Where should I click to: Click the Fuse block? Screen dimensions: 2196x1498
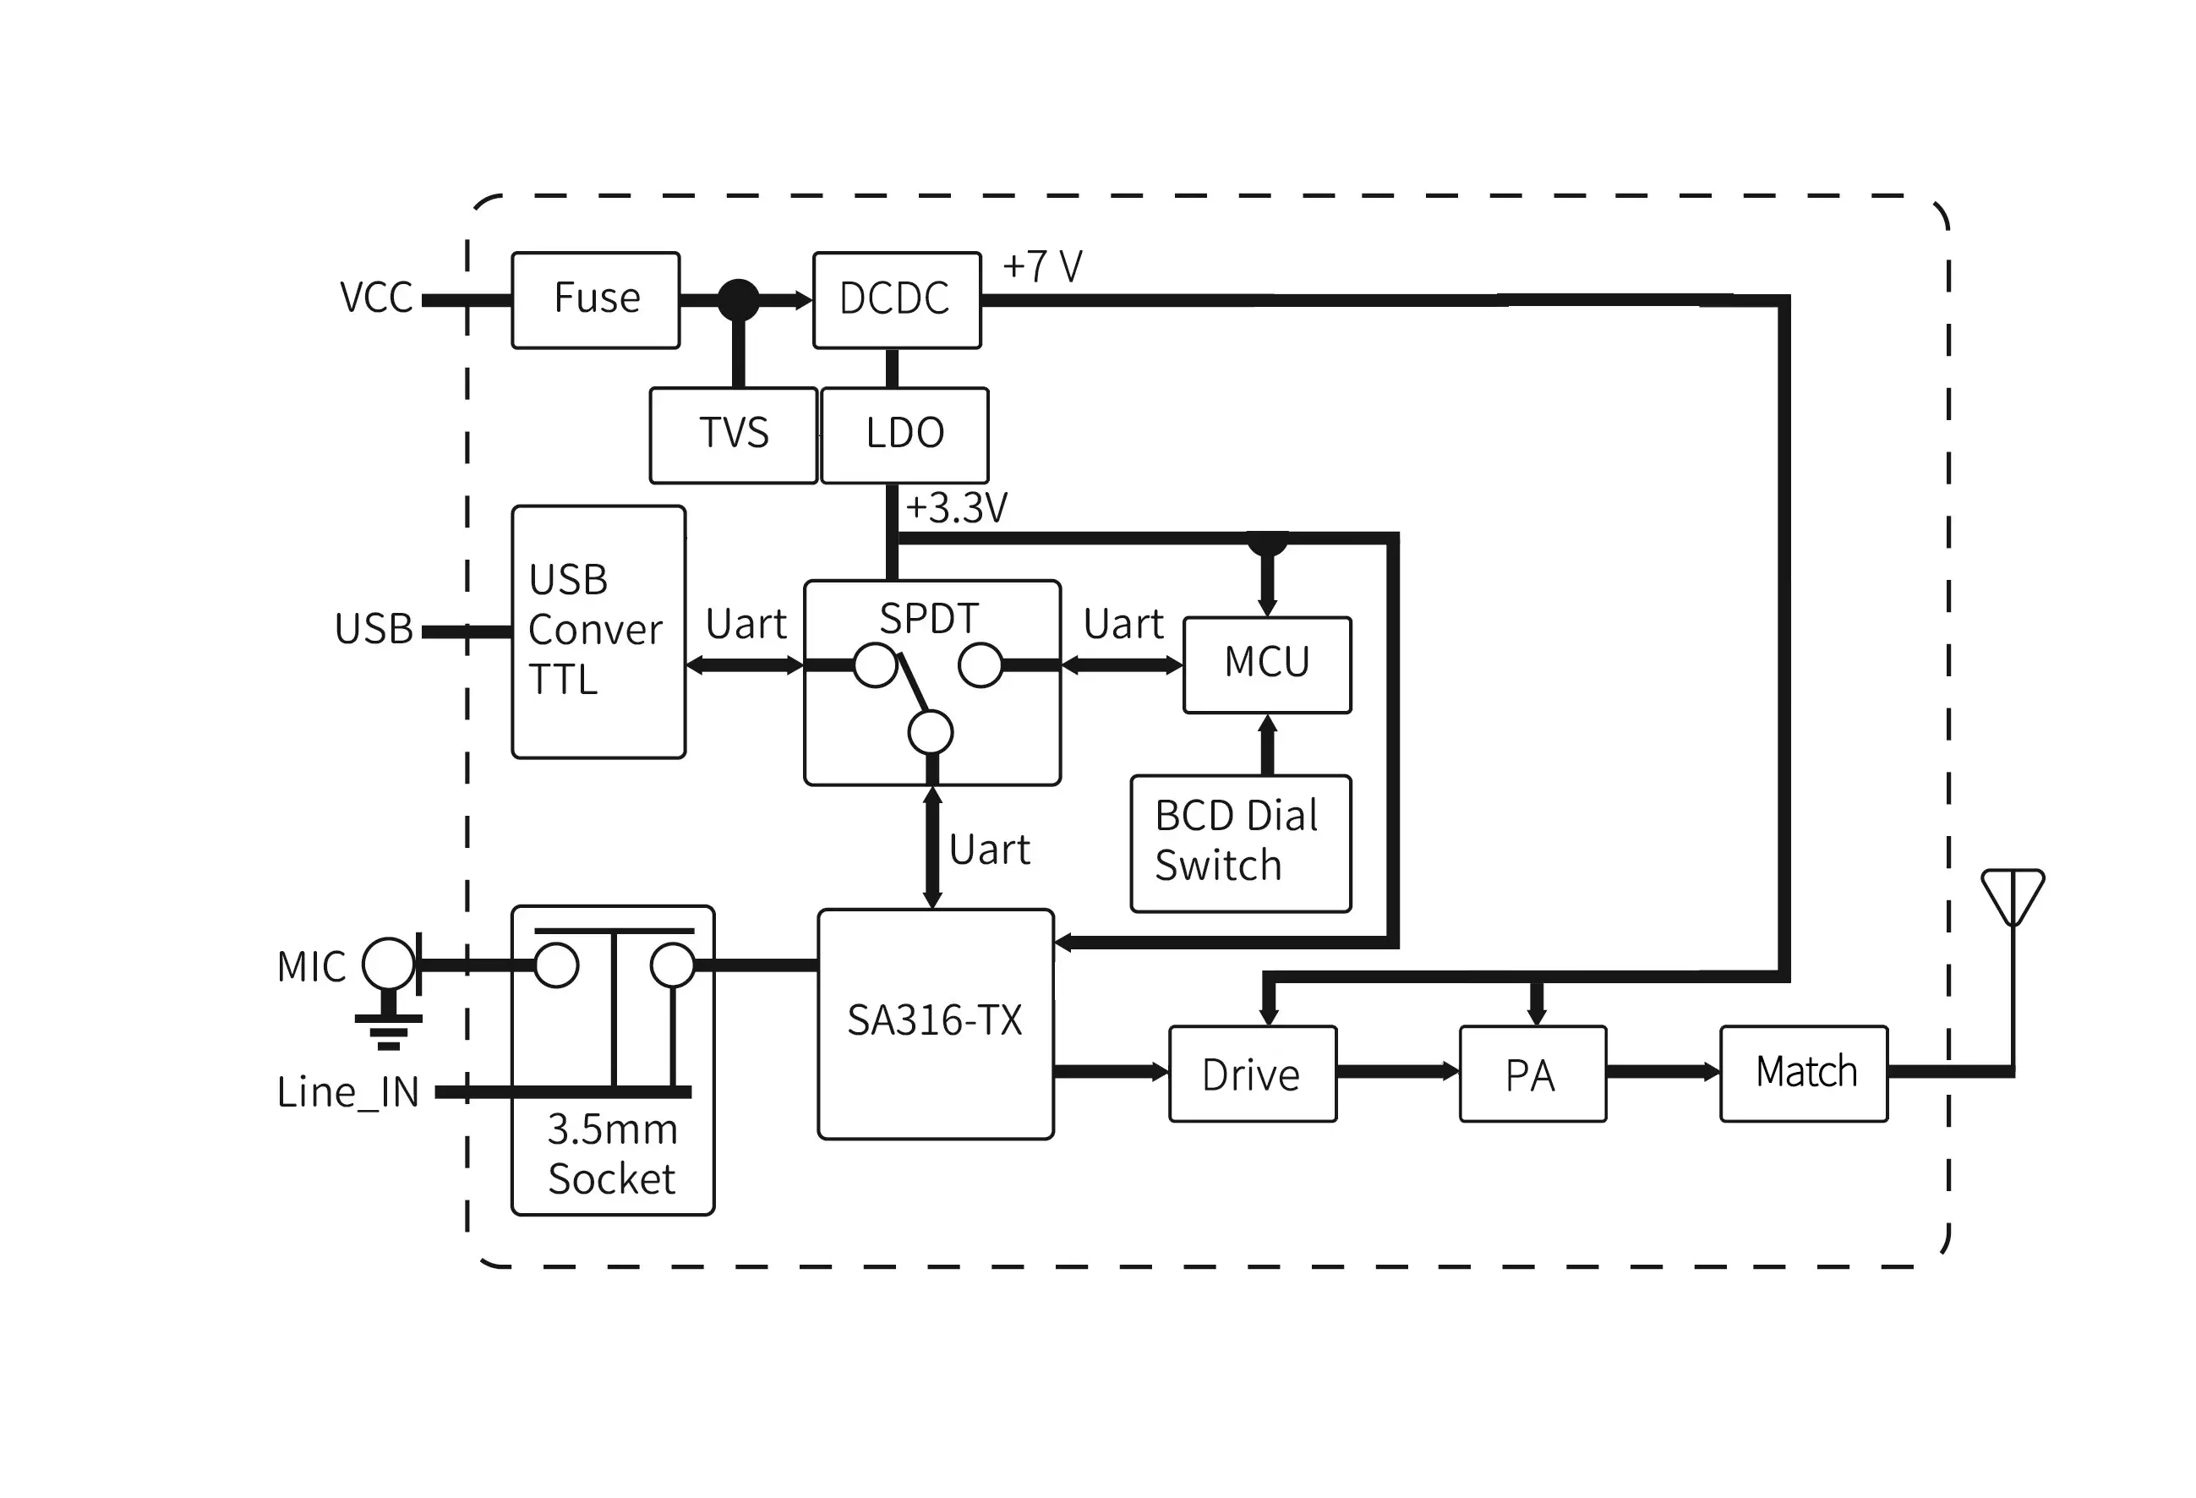pos(595,299)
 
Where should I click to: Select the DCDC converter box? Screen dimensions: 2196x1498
pos(896,299)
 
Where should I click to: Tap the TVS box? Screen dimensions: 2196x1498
pos(733,435)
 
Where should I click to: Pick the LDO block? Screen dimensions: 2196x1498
pos(904,435)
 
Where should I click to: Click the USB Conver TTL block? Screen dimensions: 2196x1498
pos(598,631)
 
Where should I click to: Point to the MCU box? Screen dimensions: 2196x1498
pos(1266,664)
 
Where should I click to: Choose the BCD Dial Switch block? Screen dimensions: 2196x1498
pos(1240,843)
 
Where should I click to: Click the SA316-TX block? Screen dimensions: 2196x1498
pos(935,1024)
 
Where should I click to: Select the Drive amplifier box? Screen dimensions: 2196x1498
pos(1252,1074)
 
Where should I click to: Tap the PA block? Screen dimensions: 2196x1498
pos(1532,1074)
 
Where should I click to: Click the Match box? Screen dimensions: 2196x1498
pos(1803,1074)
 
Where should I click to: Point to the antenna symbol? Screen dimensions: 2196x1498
pos(2013,898)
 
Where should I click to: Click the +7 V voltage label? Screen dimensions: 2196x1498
pos(1041,266)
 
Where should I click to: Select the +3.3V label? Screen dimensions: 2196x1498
pos(956,508)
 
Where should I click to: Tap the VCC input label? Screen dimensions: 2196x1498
pos(376,298)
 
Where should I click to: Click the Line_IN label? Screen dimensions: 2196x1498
pos(347,1092)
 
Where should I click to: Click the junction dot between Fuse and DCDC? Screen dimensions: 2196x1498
pos(738,299)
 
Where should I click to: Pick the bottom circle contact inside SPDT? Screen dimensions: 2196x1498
pos(930,732)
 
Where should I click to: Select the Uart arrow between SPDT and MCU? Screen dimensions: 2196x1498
pos(1122,665)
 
